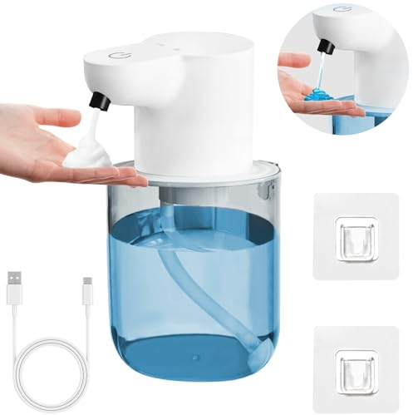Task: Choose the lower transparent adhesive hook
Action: click(x=349, y=357)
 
